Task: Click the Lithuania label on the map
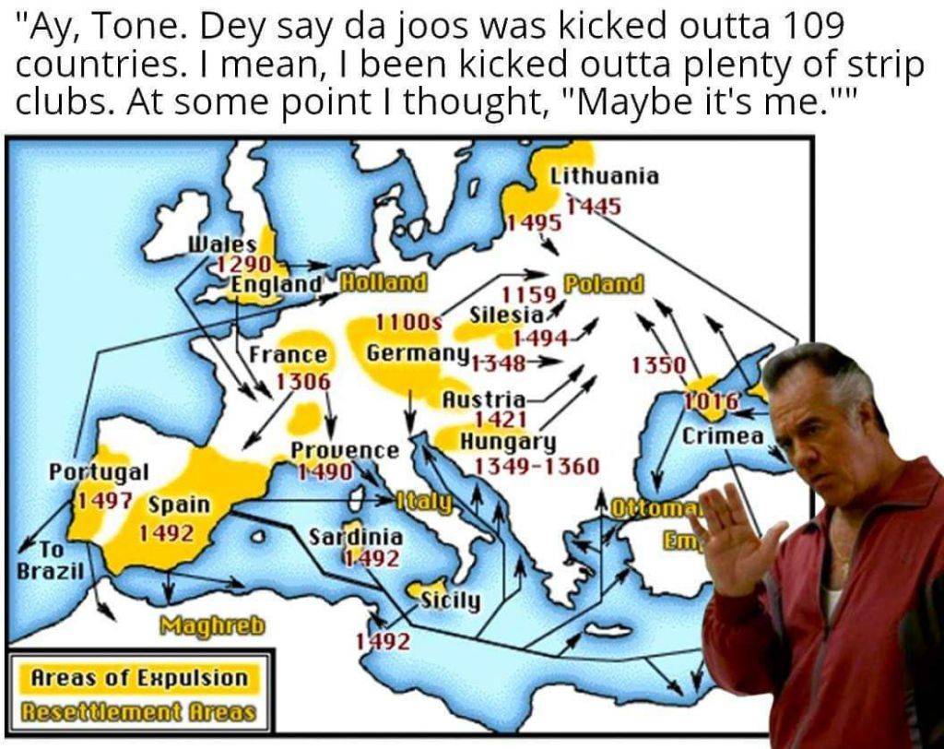[x=604, y=176]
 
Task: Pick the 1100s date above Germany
[x=408, y=322]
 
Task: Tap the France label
[x=289, y=355]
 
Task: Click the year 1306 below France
[x=303, y=380]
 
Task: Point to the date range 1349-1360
[x=536, y=466]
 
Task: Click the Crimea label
[x=723, y=435]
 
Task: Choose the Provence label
[x=345, y=450]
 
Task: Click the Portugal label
[x=98, y=471]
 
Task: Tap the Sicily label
[x=450, y=601]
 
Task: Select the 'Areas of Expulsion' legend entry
[x=140, y=678]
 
